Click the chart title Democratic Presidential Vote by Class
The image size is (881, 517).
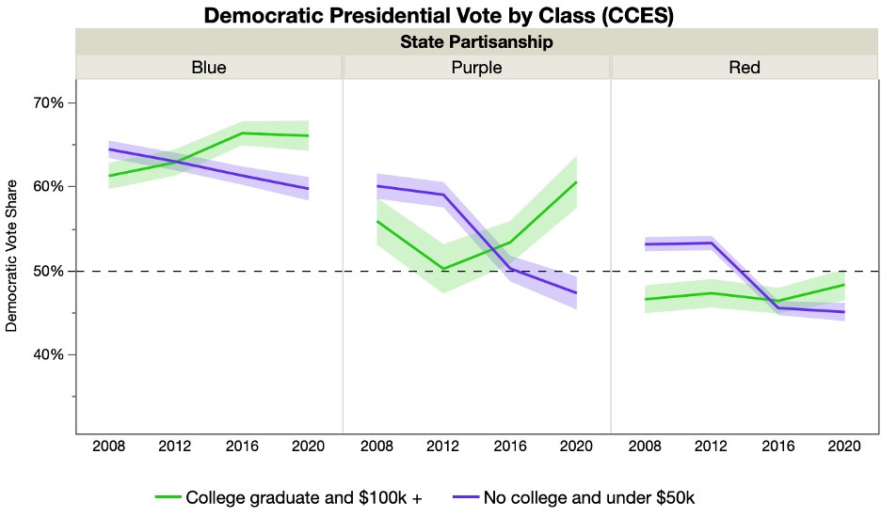(440, 16)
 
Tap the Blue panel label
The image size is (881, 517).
(208, 68)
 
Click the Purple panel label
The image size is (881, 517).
(476, 68)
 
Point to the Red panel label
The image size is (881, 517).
(745, 68)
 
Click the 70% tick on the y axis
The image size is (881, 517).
(47, 102)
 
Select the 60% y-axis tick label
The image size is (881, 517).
(47, 186)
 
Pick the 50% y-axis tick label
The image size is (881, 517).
(47, 271)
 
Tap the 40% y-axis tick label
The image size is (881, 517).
(47, 354)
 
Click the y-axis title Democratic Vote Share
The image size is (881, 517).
(12, 256)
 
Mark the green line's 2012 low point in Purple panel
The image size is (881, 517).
(443, 270)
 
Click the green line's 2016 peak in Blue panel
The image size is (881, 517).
(242, 133)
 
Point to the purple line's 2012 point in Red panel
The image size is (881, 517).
(711, 243)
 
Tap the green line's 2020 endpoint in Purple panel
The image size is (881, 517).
(576, 182)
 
